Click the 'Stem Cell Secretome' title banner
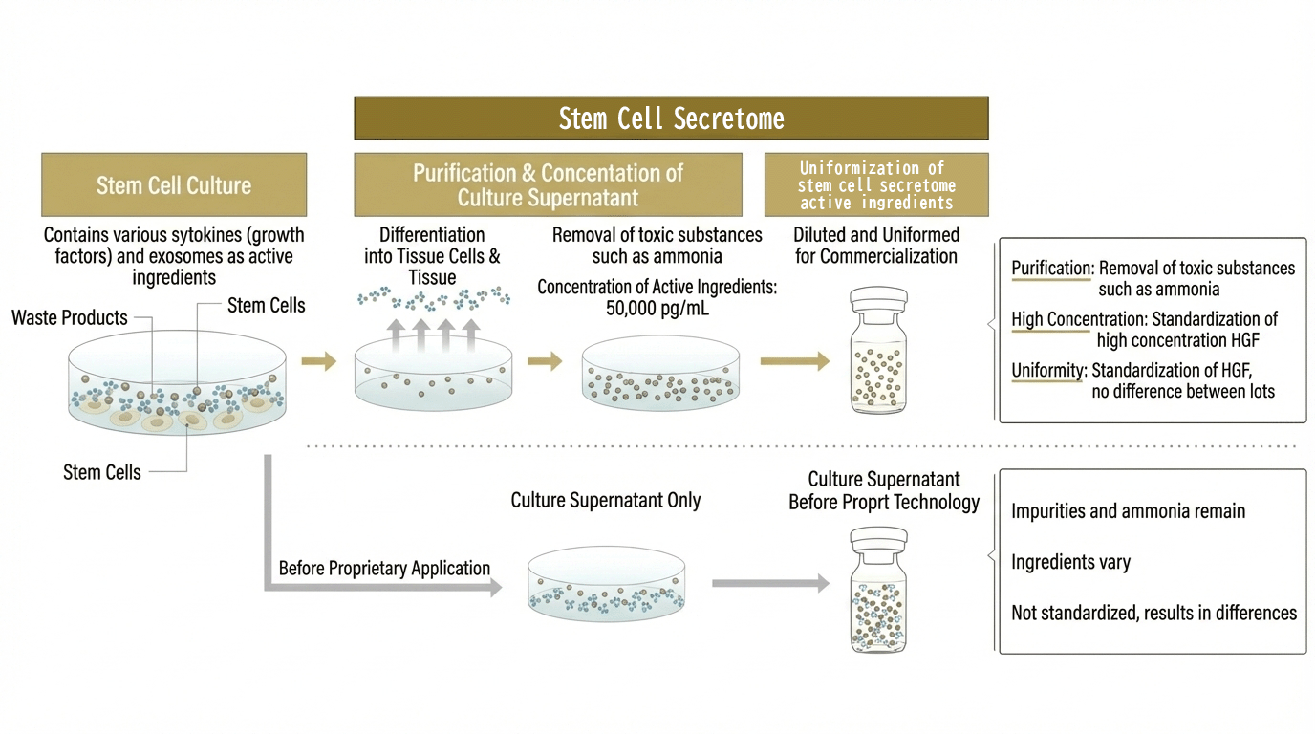(671, 119)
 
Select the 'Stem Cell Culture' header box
(174, 184)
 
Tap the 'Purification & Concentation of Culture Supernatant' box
(548, 184)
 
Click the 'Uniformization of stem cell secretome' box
(876, 184)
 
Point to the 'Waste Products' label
(70, 317)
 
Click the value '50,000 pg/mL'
(657, 308)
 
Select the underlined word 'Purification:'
(1051, 269)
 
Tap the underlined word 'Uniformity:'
(1048, 370)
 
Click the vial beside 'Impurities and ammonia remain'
(878, 592)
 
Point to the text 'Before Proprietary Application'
(384, 568)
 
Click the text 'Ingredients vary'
(1070, 562)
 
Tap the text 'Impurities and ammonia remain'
(1128, 511)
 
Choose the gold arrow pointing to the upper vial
(794, 361)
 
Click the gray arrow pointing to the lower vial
(770, 583)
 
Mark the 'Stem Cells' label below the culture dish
(102, 472)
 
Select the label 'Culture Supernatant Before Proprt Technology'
(884, 490)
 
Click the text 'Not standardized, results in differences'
(1153, 613)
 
